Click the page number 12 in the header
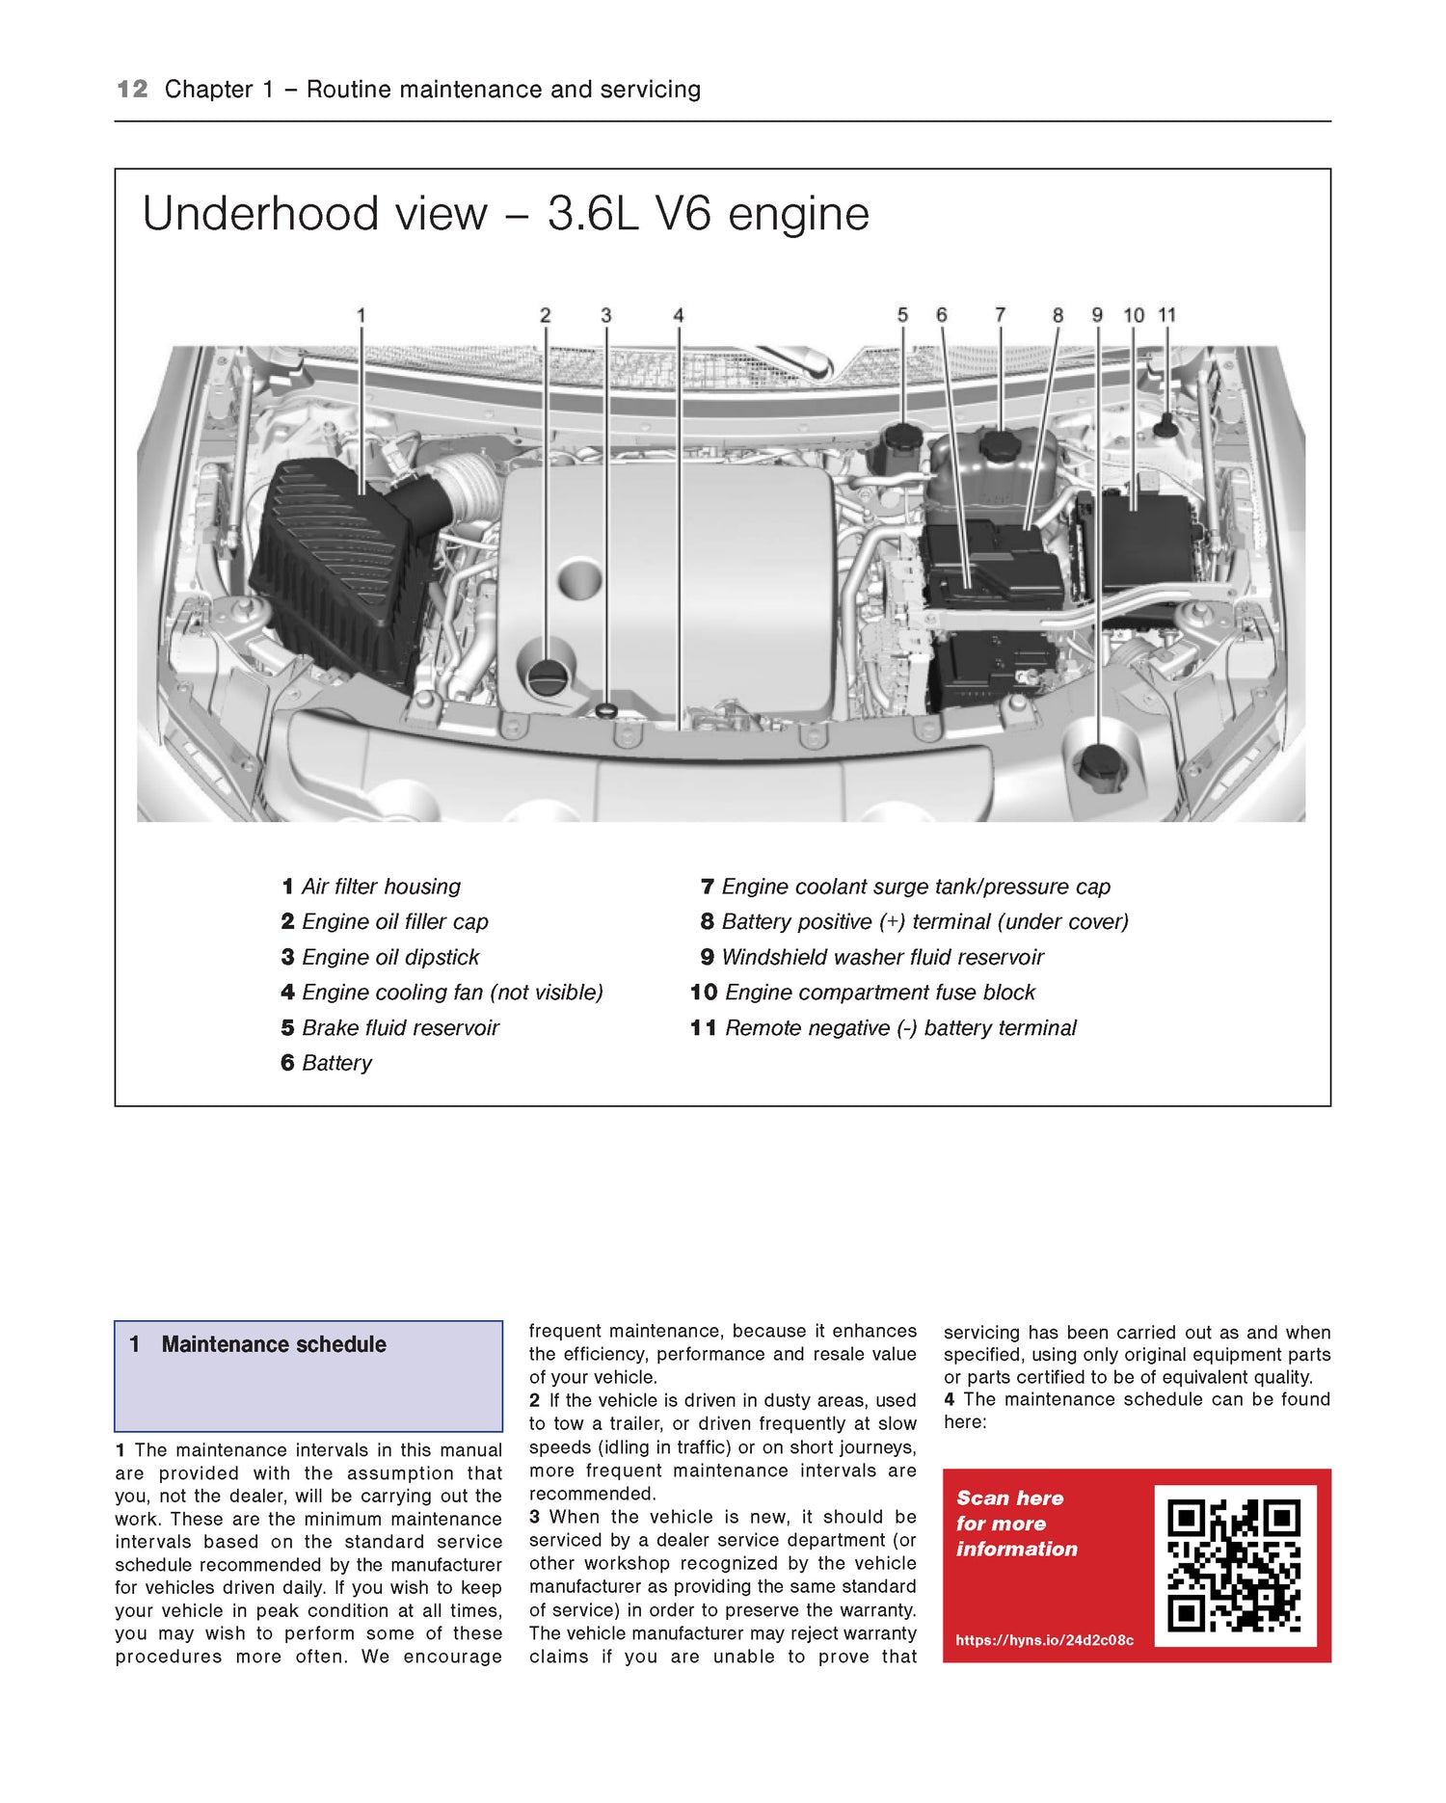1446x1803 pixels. [132, 90]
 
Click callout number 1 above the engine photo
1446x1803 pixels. [361, 315]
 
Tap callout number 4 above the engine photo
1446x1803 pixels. [679, 315]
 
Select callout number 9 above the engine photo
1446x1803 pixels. [1097, 315]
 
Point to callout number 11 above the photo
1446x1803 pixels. [1166, 315]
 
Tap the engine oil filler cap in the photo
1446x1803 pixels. [547, 671]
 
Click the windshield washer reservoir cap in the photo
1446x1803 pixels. [1097, 763]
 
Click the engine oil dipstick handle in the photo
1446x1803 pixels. [606, 710]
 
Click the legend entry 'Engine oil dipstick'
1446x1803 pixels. [389, 957]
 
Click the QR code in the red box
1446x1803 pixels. [1234, 1566]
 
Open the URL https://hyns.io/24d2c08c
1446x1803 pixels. [1044, 1640]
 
